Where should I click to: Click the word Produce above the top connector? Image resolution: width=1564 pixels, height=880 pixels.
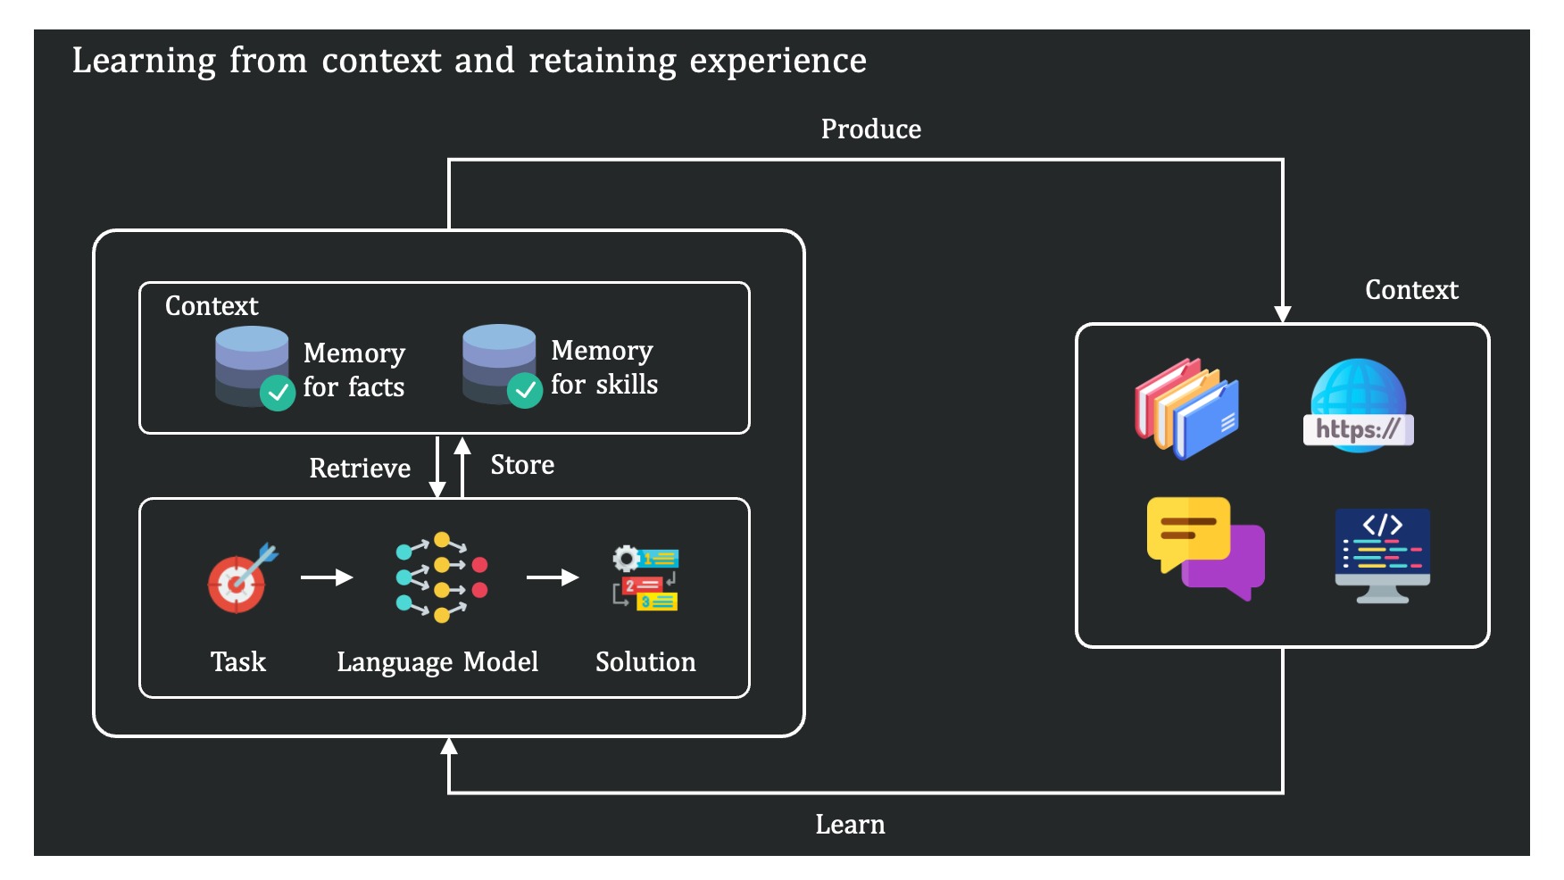pyautogui.click(x=870, y=129)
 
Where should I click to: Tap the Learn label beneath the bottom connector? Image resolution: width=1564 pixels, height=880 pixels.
pyautogui.click(x=850, y=825)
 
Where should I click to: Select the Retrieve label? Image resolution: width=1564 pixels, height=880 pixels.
pyautogui.click(x=360, y=469)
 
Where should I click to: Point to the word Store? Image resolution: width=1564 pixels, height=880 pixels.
pyautogui.click(x=522, y=465)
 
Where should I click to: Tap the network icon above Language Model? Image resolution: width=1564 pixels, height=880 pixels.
pyautogui.click(x=442, y=577)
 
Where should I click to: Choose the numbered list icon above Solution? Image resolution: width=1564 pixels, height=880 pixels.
pyautogui.click(x=645, y=577)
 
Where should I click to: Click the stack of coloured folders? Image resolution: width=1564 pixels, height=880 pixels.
pyautogui.click(x=1186, y=408)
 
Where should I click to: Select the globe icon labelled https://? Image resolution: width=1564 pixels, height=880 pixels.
pyautogui.click(x=1358, y=406)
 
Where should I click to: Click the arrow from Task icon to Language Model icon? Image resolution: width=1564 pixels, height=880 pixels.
pyautogui.click(x=327, y=577)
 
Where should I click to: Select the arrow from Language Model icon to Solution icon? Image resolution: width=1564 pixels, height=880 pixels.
pyautogui.click(x=553, y=577)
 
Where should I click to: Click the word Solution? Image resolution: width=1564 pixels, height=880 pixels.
pyautogui.click(x=645, y=662)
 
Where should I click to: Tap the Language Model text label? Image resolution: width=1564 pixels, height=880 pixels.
pyautogui.click(x=437, y=662)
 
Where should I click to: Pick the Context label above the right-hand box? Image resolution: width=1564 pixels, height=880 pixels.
pyautogui.click(x=1411, y=290)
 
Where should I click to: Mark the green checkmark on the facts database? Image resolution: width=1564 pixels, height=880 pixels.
pyautogui.click(x=278, y=392)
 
